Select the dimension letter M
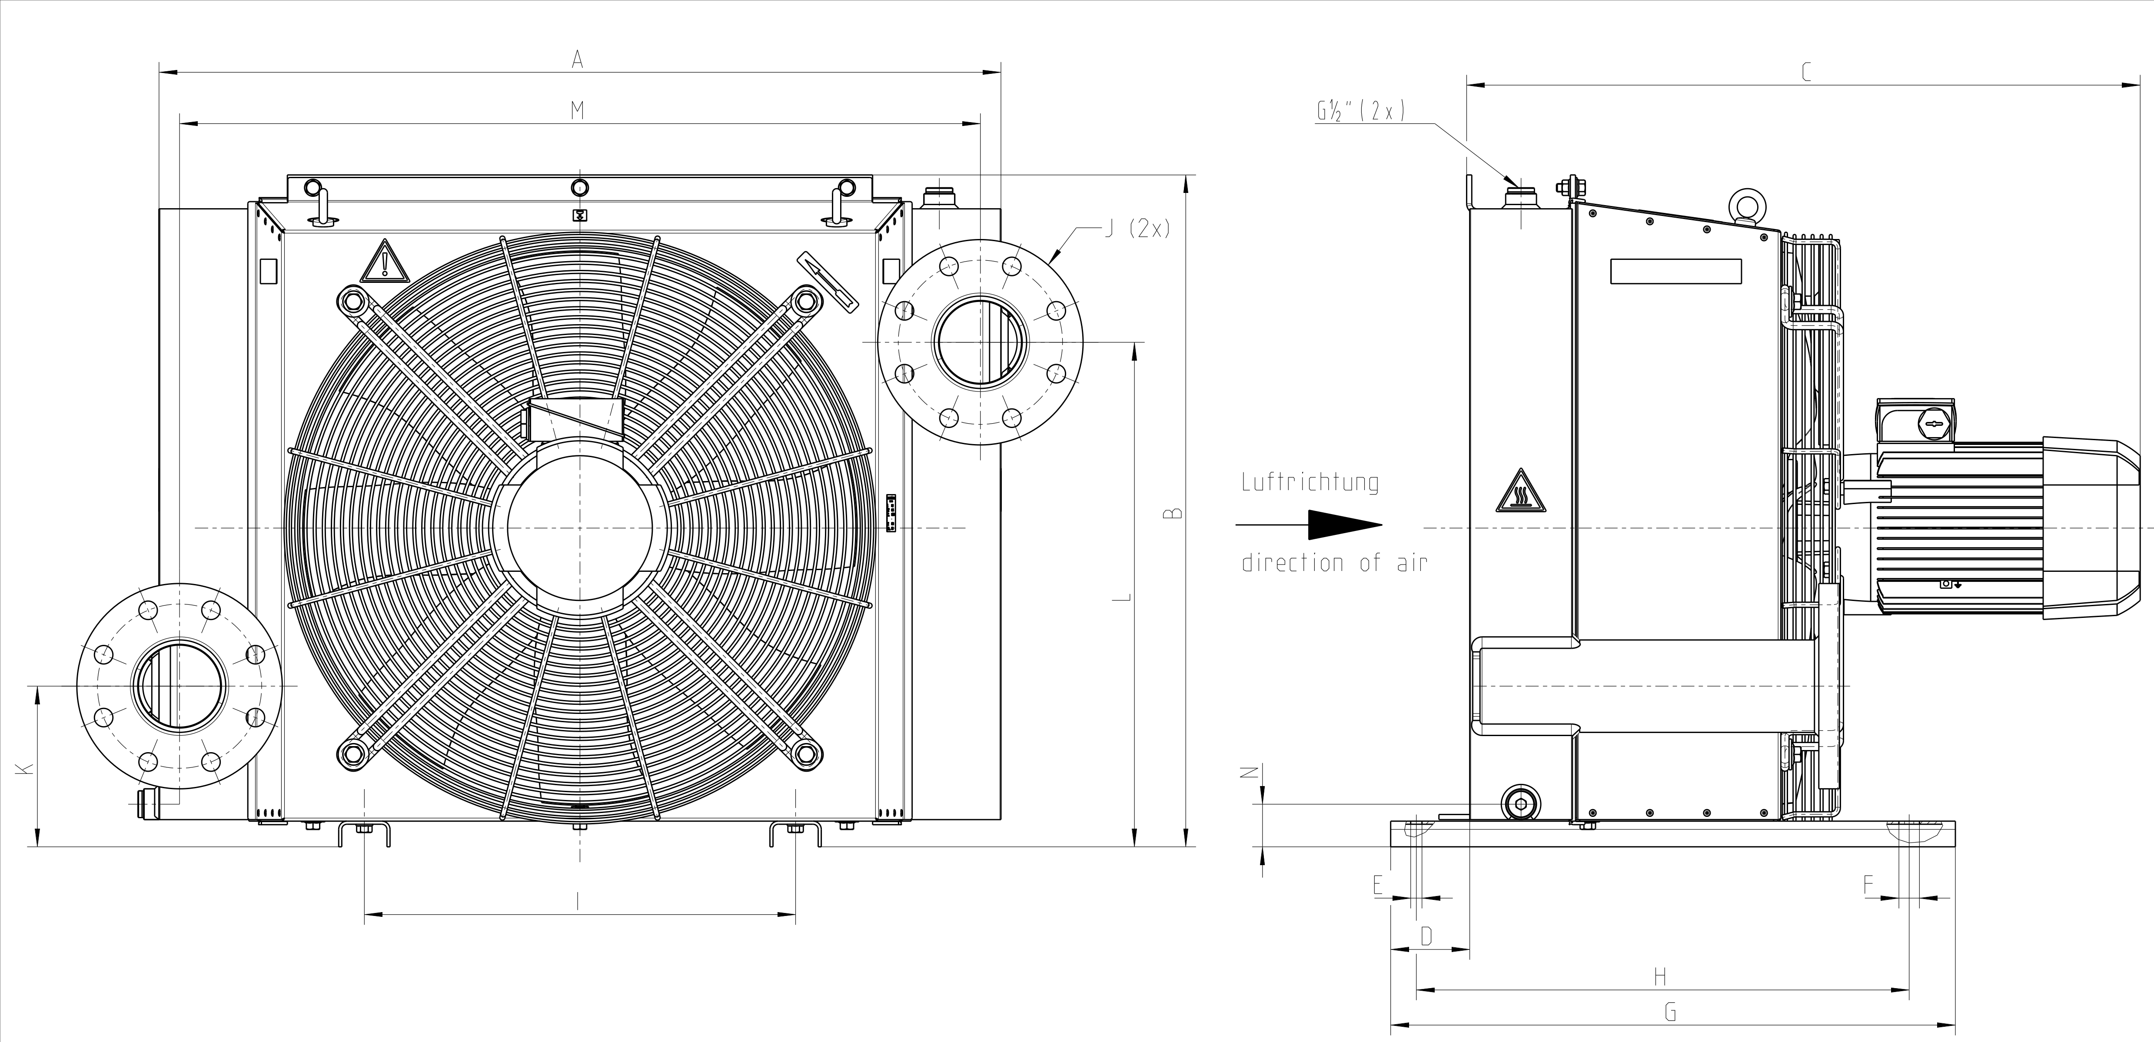pos(577,110)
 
